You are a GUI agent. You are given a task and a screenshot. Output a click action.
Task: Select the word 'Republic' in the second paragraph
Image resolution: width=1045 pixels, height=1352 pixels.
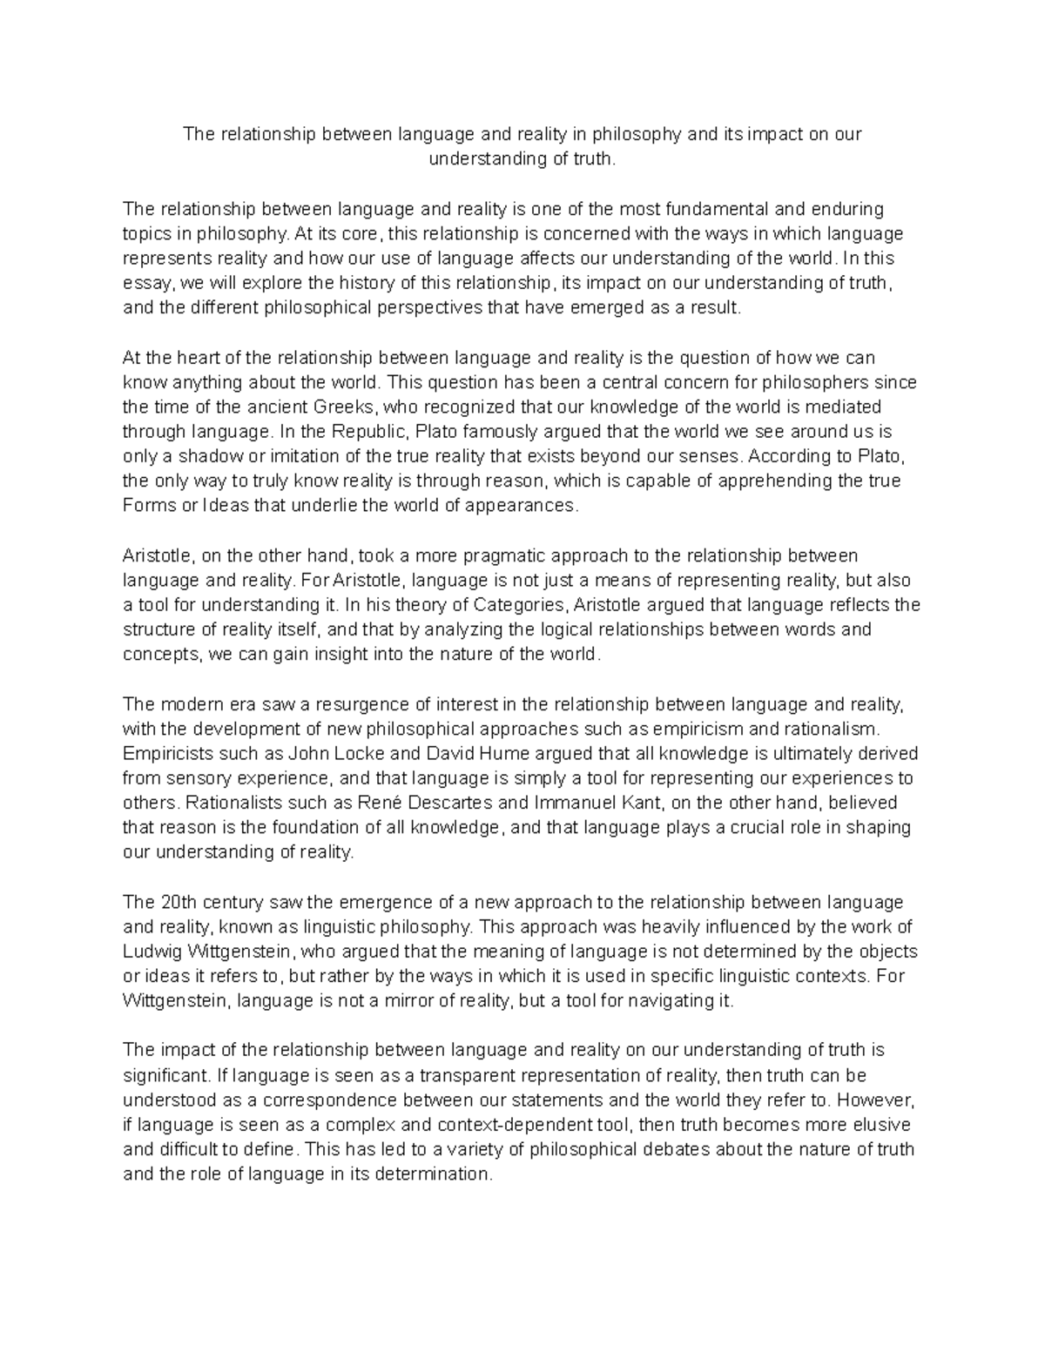tap(367, 432)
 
